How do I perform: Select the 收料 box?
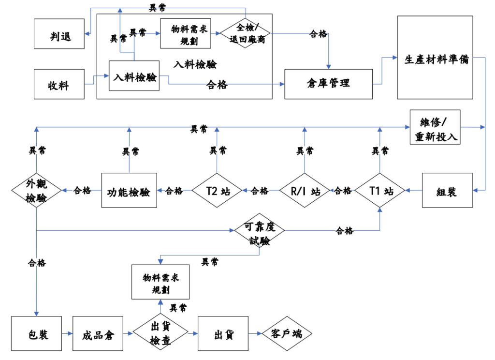(x=59, y=84)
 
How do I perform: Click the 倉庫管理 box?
(x=328, y=84)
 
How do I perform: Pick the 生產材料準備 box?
(x=435, y=58)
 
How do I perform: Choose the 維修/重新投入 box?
(x=434, y=127)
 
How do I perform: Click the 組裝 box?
(x=447, y=191)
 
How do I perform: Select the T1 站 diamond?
(x=380, y=191)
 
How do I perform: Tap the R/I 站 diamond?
(x=305, y=191)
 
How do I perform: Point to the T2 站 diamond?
(x=217, y=191)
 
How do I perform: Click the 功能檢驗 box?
(x=129, y=191)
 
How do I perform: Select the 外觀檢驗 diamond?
(x=37, y=191)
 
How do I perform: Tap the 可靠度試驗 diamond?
(x=260, y=231)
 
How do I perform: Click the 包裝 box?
(x=37, y=334)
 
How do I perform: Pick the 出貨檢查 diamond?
(x=160, y=334)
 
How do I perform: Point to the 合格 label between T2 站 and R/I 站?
(x=260, y=191)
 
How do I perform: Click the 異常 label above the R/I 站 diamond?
(x=305, y=151)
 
